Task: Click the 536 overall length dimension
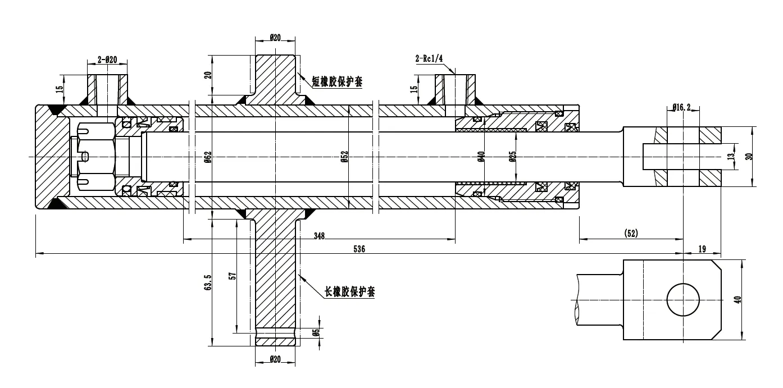[359, 249]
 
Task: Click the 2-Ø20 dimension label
[107, 59]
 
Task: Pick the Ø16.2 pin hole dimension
[682, 106]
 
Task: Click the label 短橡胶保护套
[338, 82]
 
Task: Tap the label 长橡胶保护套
[349, 292]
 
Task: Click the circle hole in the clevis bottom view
[683, 300]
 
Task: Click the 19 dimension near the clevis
[702, 249]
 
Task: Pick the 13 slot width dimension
[730, 157]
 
